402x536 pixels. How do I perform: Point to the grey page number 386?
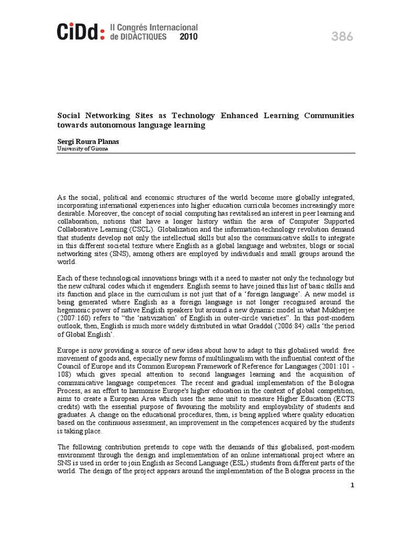(x=342, y=37)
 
